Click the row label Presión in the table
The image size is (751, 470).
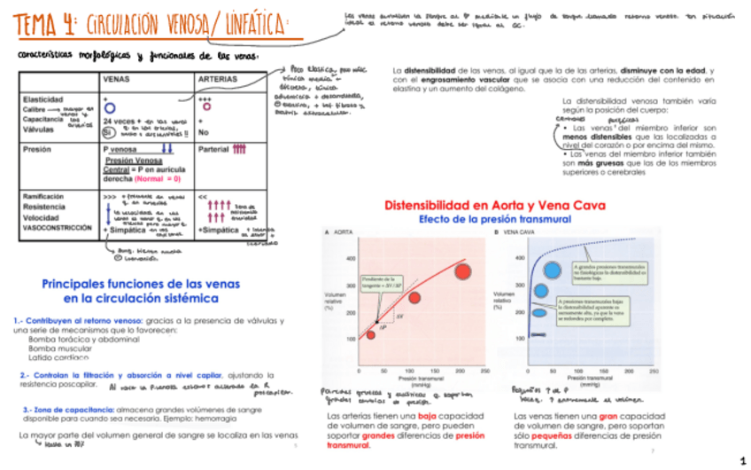click(x=36, y=150)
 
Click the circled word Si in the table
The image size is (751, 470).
click(x=107, y=132)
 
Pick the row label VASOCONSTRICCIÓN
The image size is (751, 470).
click(x=58, y=228)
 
